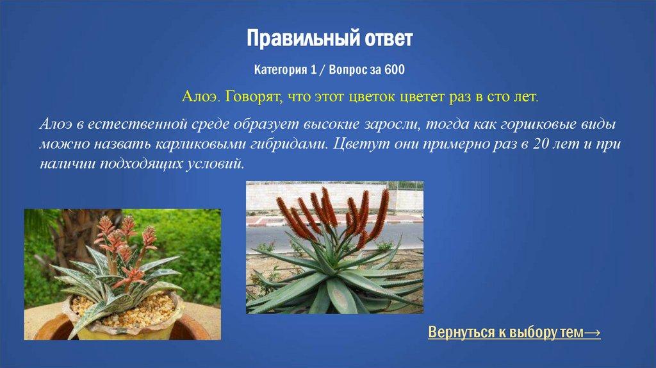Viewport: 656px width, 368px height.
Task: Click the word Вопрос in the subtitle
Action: coord(347,69)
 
